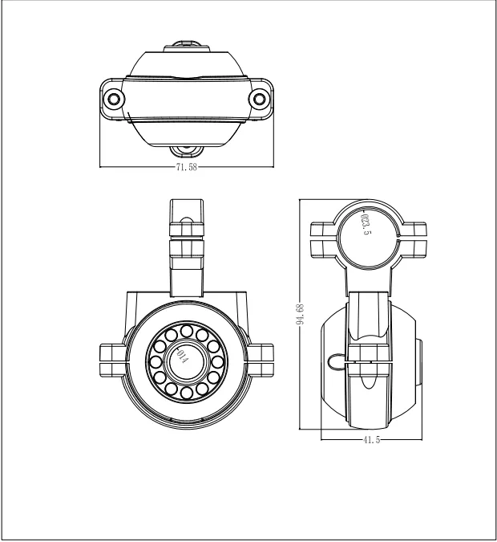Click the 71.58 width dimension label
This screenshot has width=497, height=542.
(186, 167)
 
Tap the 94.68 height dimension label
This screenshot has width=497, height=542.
(300, 314)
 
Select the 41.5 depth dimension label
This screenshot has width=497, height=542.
(371, 440)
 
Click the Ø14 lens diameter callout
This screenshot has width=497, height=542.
(182, 356)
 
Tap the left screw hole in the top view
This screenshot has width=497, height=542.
(114, 100)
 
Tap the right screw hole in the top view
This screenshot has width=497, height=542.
(259, 100)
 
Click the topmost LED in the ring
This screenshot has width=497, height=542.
(186, 331)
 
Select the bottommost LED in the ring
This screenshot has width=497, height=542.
(186, 393)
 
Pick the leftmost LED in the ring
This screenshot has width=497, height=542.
(156, 362)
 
